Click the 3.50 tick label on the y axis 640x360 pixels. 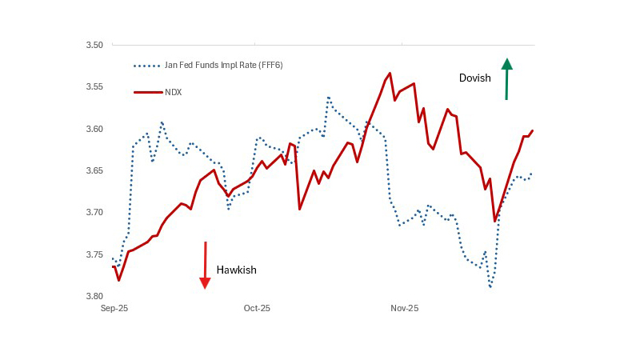pyautogui.click(x=94, y=45)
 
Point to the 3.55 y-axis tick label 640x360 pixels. pyautogui.click(x=94, y=86)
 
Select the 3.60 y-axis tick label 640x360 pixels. pyautogui.click(x=94, y=129)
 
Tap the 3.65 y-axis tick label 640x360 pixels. pyautogui.click(x=94, y=170)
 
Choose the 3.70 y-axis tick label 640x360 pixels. pyautogui.click(x=94, y=212)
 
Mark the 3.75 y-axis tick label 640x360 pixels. pyautogui.click(x=94, y=254)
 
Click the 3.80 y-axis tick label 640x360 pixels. pyautogui.click(x=94, y=296)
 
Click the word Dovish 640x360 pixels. pyautogui.click(x=474, y=78)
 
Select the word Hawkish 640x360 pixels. pyautogui.click(x=237, y=270)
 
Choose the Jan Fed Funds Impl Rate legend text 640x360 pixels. pyautogui.click(x=223, y=65)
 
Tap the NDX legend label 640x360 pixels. pyautogui.click(x=174, y=93)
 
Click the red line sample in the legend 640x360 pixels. pyautogui.click(x=146, y=93)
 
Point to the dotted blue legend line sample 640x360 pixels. pyautogui.click(x=146, y=66)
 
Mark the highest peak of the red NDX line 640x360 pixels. pyautogui.click(x=390, y=74)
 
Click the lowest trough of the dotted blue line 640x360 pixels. pyautogui.click(x=490, y=286)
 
